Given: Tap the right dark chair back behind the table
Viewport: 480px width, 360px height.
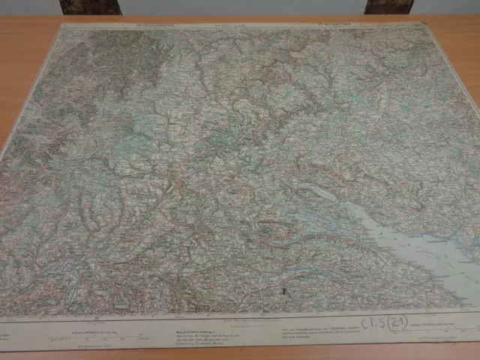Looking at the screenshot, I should [x=388, y=7].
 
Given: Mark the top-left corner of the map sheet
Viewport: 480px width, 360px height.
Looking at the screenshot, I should [x=61, y=25].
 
